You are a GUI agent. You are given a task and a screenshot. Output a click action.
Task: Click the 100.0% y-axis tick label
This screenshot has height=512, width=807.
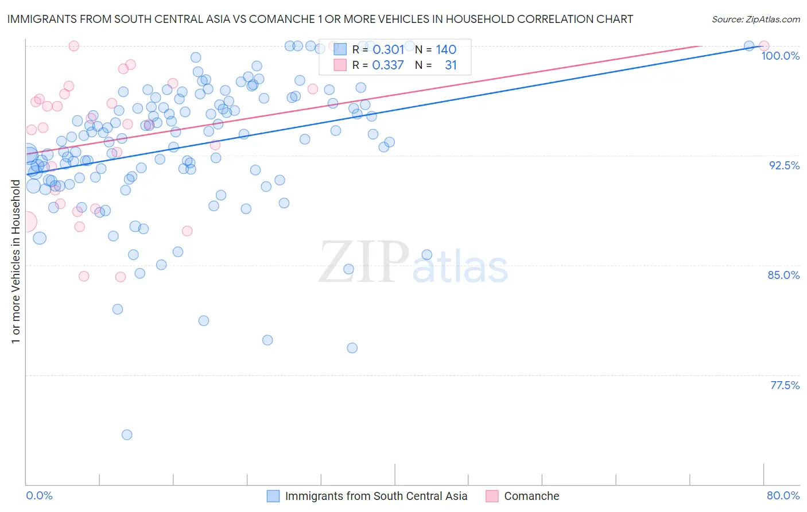[x=780, y=56]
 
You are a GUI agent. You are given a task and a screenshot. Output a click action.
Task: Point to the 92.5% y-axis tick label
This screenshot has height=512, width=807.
[x=784, y=165]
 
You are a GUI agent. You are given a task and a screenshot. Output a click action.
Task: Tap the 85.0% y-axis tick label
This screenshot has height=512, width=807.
[x=783, y=275]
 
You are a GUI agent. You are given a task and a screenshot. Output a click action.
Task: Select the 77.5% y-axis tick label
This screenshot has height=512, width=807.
[x=785, y=385]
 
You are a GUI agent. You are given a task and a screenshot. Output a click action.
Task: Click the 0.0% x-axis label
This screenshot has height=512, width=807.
[x=39, y=495]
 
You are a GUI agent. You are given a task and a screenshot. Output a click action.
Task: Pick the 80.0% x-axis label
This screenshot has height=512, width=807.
[x=783, y=495]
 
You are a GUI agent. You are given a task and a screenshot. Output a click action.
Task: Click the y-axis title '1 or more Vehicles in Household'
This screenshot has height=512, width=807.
[x=15, y=262]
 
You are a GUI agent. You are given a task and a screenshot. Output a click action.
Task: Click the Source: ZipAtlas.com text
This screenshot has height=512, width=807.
[x=755, y=19]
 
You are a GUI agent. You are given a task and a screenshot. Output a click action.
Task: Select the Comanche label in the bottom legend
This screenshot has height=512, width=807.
[x=531, y=496]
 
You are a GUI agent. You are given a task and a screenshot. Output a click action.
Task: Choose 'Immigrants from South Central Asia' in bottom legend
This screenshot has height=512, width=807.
[x=376, y=496]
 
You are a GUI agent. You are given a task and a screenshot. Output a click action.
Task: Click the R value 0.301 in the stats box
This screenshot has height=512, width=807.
[x=388, y=50]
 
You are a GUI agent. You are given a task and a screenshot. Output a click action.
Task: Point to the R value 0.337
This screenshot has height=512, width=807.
[x=388, y=65]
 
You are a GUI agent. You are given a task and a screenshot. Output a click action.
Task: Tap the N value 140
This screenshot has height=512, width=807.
[x=446, y=50]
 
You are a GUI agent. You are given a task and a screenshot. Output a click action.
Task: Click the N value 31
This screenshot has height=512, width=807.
[x=451, y=65]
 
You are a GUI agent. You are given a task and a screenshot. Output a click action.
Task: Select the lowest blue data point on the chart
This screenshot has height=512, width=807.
[x=127, y=435]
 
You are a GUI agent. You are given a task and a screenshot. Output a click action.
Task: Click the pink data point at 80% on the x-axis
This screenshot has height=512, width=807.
[x=764, y=45]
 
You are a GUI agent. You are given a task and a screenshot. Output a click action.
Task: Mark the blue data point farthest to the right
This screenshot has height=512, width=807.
[x=749, y=45]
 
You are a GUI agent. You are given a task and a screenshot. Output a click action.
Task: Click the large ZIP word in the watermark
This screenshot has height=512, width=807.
[x=363, y=262]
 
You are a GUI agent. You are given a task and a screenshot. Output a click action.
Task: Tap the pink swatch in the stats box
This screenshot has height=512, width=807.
[x=340, y=65]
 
